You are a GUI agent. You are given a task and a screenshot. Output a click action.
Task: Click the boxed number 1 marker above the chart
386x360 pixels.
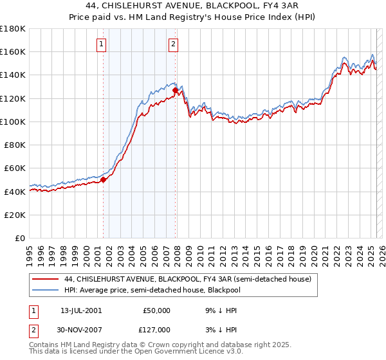102,44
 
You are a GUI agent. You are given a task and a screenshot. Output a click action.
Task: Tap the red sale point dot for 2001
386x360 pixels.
103,179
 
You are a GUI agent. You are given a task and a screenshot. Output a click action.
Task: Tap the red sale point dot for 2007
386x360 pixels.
176,90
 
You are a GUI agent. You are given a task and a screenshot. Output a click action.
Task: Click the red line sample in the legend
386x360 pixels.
46,279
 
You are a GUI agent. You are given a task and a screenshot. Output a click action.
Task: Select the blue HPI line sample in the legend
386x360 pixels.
46,290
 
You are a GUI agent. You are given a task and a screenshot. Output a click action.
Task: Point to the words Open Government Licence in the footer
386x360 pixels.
186,353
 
